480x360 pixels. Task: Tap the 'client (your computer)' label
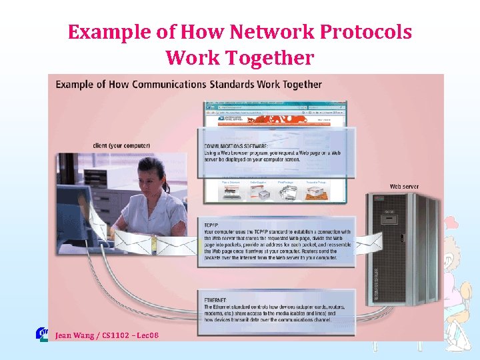121,145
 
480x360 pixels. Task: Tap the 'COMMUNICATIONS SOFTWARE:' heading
236,145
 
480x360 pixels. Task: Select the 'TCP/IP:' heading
212,225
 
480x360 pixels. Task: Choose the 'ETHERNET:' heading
216,300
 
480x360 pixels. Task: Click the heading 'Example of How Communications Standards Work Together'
188,85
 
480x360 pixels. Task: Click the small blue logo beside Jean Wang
41,334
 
